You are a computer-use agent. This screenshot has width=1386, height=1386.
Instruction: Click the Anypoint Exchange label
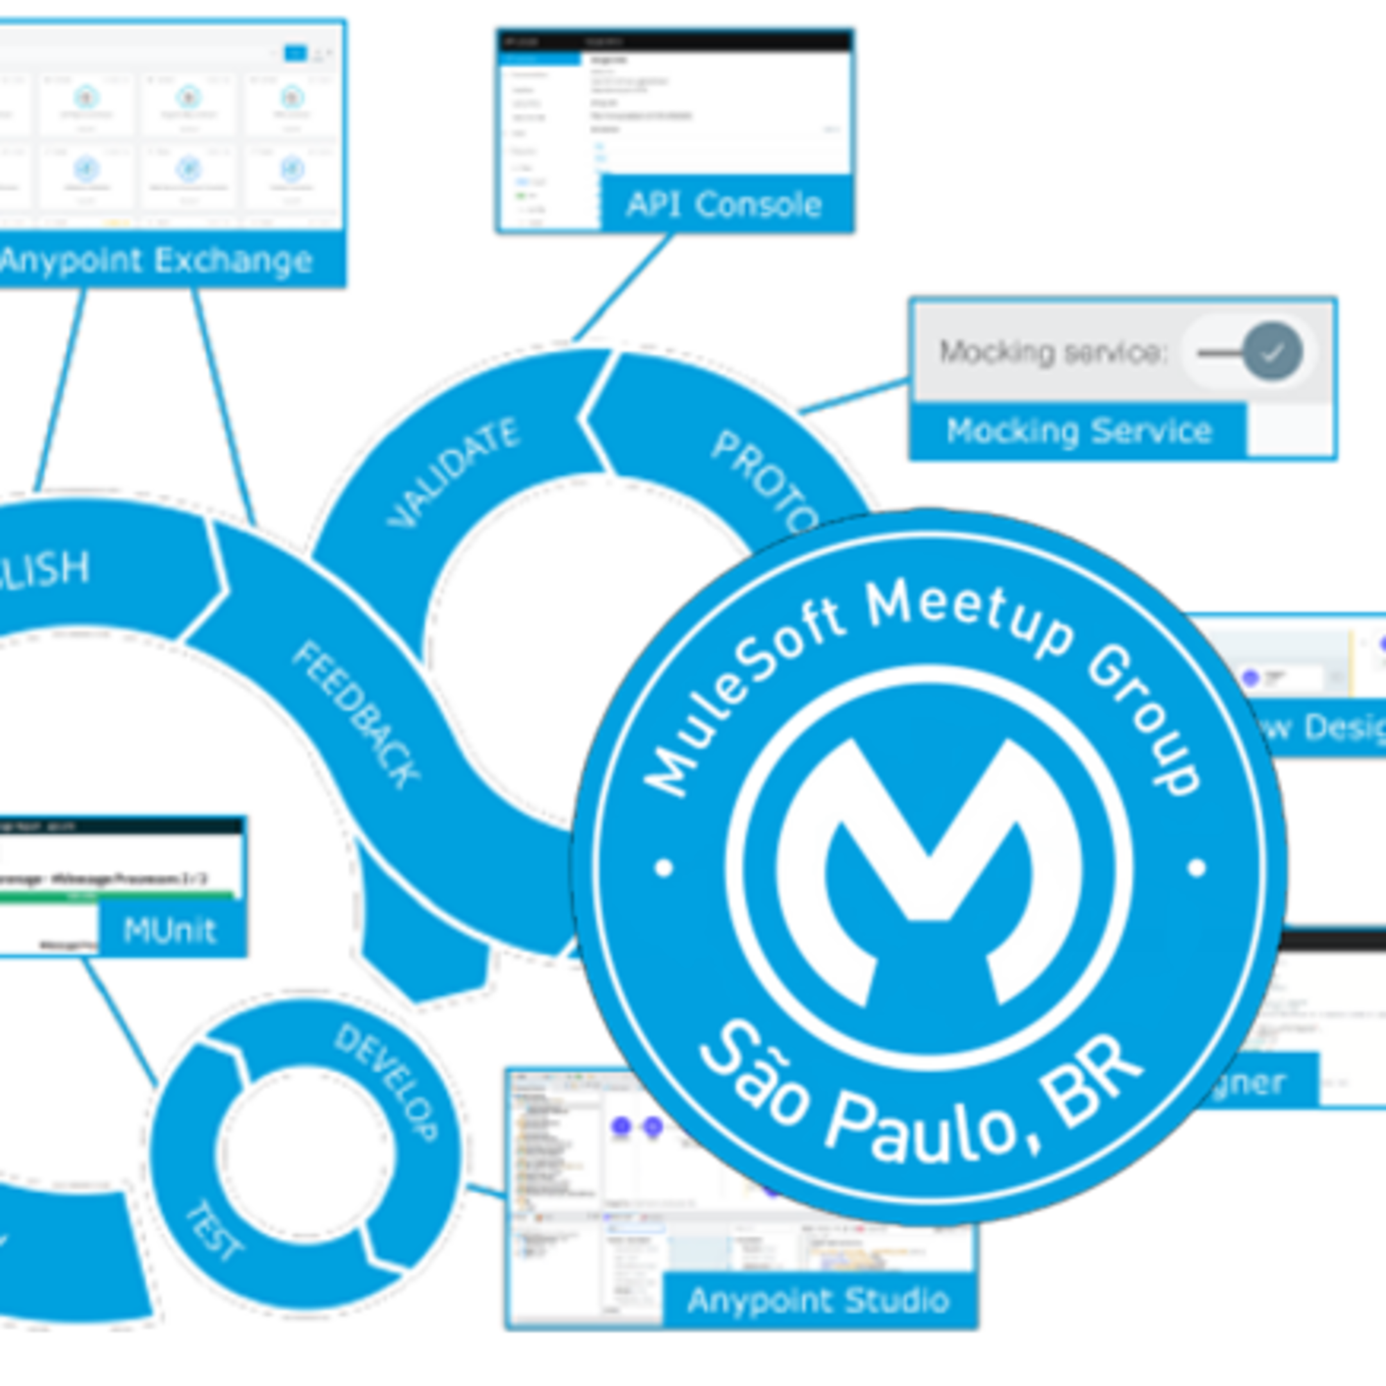pos(156,261)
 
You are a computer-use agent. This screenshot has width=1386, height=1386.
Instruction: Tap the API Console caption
pos(724,205)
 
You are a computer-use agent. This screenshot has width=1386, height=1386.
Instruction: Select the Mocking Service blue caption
pos(1078,431)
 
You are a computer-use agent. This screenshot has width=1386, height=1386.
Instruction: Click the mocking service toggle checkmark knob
pos(1272,352)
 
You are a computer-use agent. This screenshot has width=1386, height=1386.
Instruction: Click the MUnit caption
pos(169,931)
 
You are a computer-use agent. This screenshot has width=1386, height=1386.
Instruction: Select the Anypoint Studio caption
pos(818,1300)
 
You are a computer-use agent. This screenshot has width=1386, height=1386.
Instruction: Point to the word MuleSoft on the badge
pos(739,696)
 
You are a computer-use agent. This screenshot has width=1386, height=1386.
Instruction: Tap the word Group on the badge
pos(1144,724)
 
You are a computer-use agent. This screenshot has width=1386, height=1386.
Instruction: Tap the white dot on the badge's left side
pos(664,868)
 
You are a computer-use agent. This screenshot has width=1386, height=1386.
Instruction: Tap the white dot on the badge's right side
pos(1197,868)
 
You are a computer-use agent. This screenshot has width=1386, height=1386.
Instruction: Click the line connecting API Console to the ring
pos(622,287)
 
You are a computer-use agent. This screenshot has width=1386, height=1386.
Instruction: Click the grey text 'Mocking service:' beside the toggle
pos(1053,352)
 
